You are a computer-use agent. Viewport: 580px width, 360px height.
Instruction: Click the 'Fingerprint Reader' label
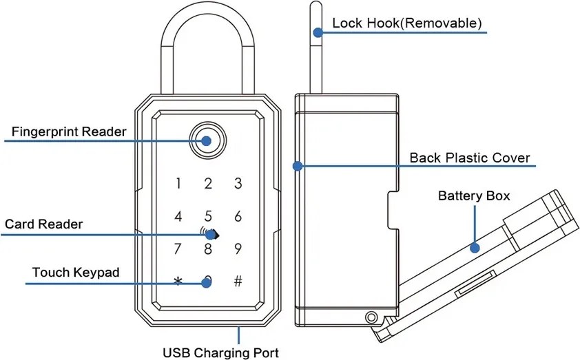(69, 131)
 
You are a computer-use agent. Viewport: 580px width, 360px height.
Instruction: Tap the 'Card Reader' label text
(44, 224)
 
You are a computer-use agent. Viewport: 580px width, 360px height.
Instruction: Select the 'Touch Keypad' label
(76, 273)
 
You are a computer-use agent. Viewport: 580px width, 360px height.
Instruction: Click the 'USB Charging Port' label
(220, 353)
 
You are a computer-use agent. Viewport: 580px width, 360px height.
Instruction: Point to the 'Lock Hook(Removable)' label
(406, 23)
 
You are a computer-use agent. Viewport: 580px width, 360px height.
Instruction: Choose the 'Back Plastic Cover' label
(470, 158)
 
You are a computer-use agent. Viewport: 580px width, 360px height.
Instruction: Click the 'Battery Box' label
(474, 196)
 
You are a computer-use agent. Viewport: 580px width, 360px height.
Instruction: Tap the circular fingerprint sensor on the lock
(207, 141)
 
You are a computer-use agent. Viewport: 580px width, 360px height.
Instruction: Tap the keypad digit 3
(238, 184)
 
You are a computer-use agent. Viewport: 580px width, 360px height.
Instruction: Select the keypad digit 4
(178, 217)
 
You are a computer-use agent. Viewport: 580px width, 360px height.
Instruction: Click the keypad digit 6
(238, 217)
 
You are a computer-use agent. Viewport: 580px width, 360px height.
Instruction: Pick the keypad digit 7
(178, 249)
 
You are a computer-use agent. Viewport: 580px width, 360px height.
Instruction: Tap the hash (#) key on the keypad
(238, 281)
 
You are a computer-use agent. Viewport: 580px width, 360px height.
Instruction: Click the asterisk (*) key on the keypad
(178, 282)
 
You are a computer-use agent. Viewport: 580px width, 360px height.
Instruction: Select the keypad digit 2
(208, 184)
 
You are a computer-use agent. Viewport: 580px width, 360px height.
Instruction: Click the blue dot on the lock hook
(318, 32)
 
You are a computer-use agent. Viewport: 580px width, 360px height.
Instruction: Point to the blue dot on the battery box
(474, 247)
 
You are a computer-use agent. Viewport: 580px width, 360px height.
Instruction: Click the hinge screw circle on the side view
(371, 317)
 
